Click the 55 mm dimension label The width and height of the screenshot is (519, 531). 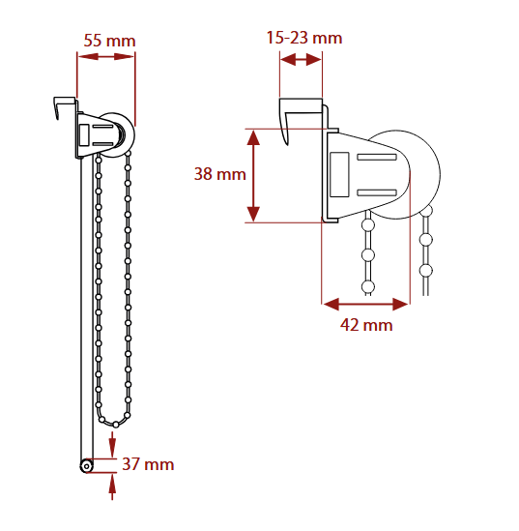pos(109,41)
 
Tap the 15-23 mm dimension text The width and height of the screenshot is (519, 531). pos(304,38)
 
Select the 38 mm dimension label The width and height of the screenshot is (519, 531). pos(220,174)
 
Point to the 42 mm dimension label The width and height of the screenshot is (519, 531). pos(366,325)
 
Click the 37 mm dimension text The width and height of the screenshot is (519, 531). pos(148,464)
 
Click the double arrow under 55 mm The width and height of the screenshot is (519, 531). pos(106,56)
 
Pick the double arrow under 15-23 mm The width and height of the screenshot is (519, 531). pos(301,60)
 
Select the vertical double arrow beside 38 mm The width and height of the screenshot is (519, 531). pos(253,176)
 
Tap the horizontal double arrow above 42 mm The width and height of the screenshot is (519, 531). pos(365,304)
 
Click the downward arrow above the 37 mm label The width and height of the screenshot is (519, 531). pos(112,444)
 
